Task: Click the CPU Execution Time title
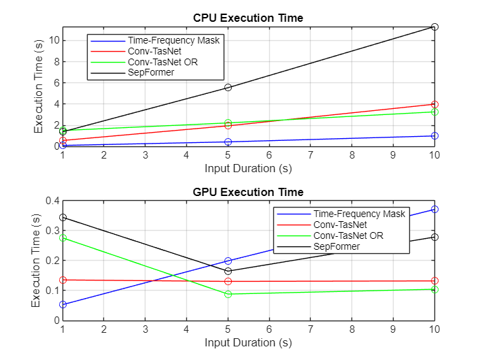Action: coord(248,17)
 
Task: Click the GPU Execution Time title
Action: coord(248,192)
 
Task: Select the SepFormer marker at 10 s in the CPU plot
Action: coord(434,27)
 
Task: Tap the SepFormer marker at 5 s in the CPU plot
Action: coord(228,87)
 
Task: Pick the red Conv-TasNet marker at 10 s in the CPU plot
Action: coord(434,104)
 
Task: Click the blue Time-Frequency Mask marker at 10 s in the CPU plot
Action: coord(434,135)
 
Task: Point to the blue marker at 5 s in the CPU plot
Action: coord(228,142)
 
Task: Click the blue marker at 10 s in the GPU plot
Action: coord(434,209)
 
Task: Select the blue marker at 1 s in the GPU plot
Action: coord(63,304)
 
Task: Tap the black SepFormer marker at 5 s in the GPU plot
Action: coord(228,271)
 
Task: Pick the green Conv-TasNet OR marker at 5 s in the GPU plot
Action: coord(228,294)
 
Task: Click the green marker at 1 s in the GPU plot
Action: coord(63,238)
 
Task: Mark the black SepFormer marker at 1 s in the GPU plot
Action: coord(63,217)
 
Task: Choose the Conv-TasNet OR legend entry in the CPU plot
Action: coord(162,61)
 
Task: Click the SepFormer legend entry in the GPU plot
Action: coord(337,246)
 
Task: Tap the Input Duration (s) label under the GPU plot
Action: coord(248,342)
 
